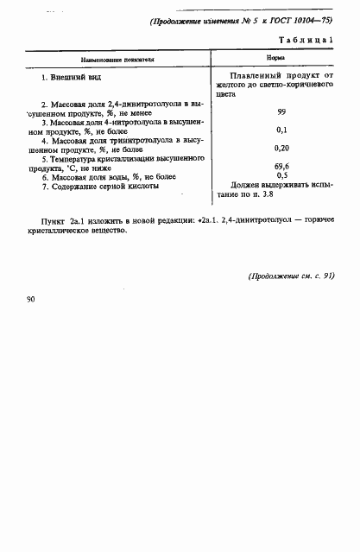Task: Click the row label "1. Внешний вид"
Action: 69,79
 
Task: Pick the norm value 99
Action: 281,112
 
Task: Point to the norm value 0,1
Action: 281,130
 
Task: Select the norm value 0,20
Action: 281,148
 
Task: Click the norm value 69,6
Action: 281,166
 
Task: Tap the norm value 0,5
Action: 281,175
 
